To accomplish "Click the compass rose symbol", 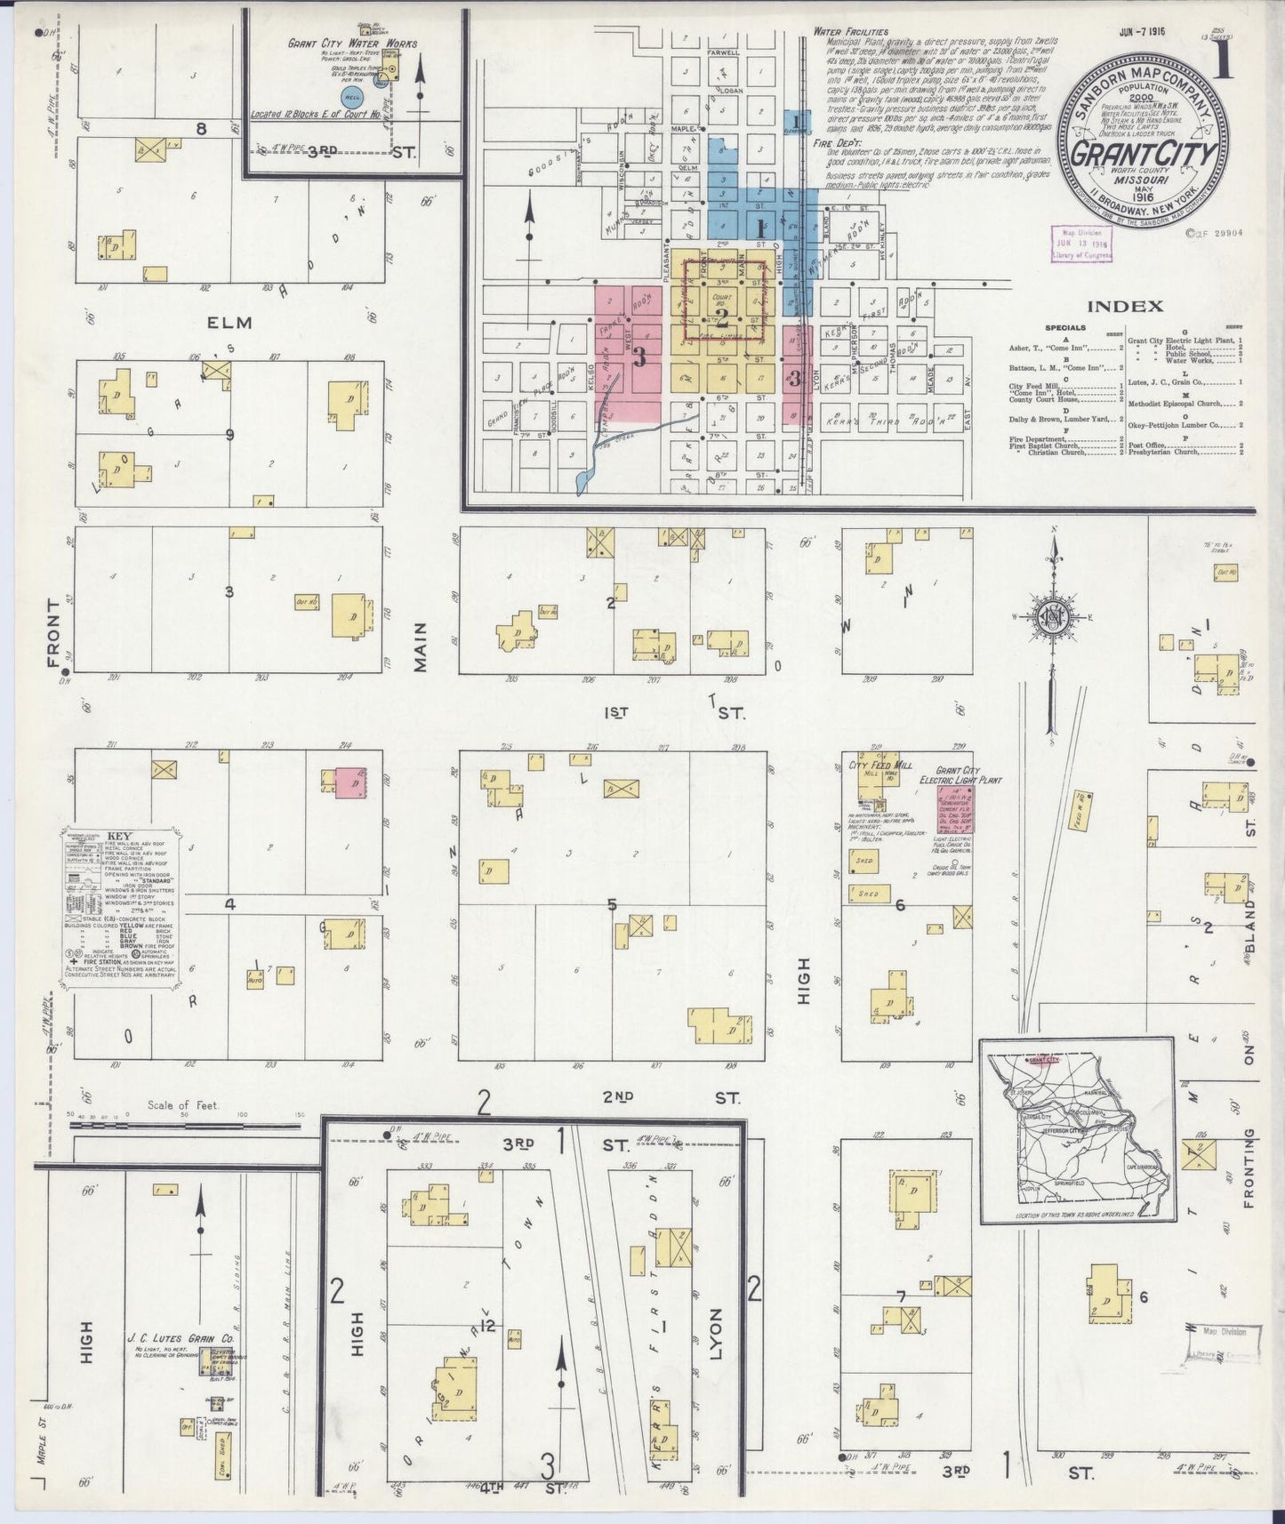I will click(1055, 617).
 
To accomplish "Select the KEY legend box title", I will click(119, 837).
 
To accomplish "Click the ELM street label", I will click(229, 322).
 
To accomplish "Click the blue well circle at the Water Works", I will click(351, 95).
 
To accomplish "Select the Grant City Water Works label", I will click(351, 43).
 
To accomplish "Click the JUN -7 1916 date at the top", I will click(1143, 31).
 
